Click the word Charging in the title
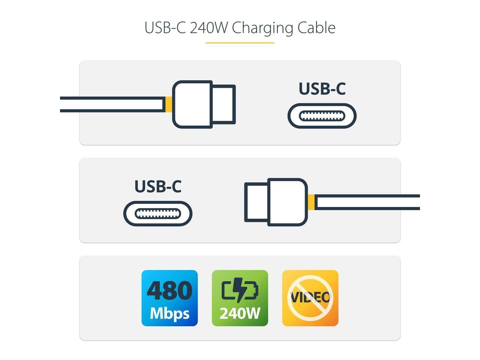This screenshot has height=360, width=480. coord(262,28)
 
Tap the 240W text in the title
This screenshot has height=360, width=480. coord(208,28)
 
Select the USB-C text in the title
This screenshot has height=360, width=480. coord(165,28)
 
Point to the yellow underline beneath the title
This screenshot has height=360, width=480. coord(240,43)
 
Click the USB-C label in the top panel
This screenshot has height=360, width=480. coord(322,88)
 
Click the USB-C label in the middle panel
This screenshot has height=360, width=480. coord(158,186)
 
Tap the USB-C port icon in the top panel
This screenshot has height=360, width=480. coord(322,116)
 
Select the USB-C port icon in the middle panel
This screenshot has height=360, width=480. coord(158,214)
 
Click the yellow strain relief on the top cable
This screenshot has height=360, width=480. coord(169,104)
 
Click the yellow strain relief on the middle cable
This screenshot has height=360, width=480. coord(311,202)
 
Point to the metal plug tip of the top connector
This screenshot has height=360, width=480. coord(224,104)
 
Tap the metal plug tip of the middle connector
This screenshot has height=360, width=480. coord(256,202)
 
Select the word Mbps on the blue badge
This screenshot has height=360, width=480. coord(169,312)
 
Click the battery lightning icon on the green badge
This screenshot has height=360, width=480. coord(240,289)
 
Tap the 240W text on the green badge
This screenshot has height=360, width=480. coord(240,313)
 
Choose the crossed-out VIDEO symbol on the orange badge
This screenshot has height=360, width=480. coord(310,298)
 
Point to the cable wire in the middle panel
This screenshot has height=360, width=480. coord(367,202)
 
